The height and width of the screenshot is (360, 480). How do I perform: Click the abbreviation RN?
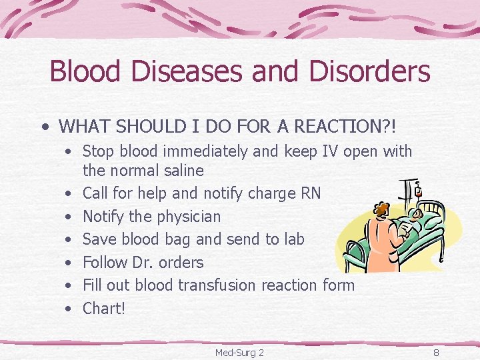tap(310, 193)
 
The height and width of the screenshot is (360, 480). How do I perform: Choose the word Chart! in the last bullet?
tap(104, 308)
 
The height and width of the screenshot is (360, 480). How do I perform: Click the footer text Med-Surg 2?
tap(239, 352)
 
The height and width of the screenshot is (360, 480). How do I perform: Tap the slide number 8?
tap(436, 352)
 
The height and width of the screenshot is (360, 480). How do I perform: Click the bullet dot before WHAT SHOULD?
tap(44, 126)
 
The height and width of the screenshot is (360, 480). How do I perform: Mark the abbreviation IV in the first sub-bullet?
tap(331, 152)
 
